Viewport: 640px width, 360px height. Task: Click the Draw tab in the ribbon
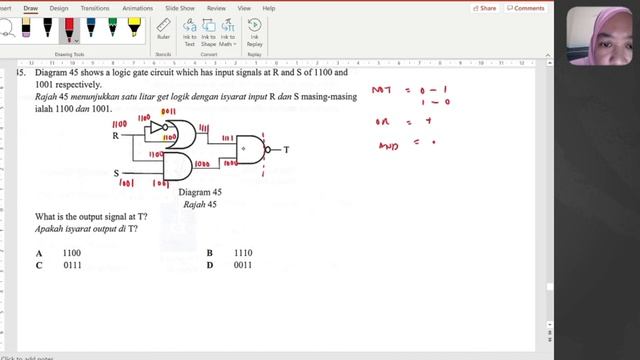31,8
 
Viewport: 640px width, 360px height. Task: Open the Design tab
58,8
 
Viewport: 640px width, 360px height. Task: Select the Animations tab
138,8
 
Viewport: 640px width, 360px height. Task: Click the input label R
115,134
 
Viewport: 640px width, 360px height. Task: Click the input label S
115,172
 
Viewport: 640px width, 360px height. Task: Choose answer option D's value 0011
242,266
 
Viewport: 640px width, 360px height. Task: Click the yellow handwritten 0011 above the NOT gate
169,113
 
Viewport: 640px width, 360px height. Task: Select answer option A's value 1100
71,254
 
